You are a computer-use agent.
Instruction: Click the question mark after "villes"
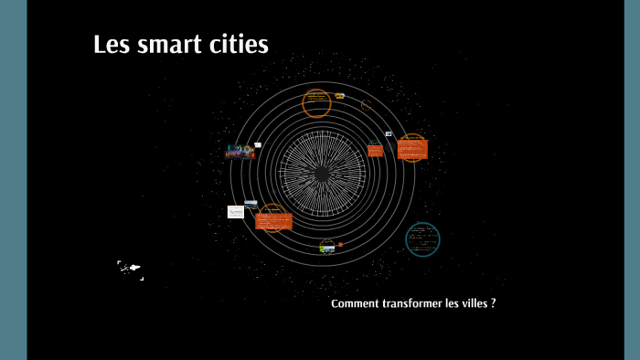pos(494,302)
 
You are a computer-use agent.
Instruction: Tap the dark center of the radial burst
pos(322,173)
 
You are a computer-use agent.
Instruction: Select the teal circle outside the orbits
pos(422,239)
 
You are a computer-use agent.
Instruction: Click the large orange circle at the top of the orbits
pos(316,103)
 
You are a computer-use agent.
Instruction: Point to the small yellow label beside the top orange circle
pos(339,95)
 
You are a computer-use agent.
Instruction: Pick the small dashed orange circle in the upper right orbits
pos(367,106)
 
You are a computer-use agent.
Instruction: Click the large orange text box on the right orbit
pos(412,147)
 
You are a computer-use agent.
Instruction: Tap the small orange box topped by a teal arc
pos(375,150)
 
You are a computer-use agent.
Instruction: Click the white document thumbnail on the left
pos(236,211)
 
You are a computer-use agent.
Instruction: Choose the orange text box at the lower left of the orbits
pos(273,220)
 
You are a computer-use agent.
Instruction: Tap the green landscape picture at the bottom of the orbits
pos(327,246)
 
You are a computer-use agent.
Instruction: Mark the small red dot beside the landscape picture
pos(341,245)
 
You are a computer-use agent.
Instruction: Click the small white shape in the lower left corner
pos(132,269)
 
